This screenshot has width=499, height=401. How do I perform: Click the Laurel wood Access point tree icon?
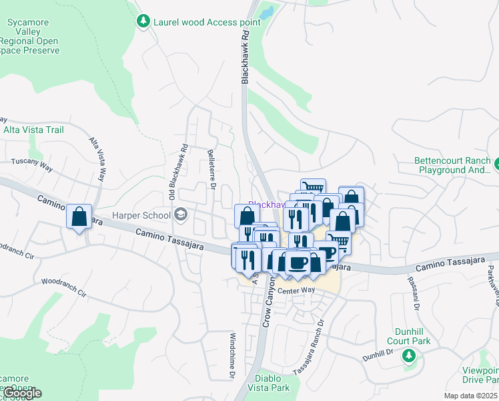point(143,22)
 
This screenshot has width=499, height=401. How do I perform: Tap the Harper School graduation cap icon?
point(180,215)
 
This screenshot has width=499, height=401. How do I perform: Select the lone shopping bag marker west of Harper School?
point(79,217)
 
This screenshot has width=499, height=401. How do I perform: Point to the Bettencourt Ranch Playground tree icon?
point(497,162)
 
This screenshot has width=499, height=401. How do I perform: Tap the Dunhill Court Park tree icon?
point(408,356)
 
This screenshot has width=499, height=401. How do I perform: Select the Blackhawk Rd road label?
point(245,57)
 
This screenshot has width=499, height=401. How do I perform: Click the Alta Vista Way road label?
point(98,160)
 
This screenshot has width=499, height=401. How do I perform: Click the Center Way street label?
point(296,290)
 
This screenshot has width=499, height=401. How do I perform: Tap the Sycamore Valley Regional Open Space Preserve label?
point(30,36)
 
